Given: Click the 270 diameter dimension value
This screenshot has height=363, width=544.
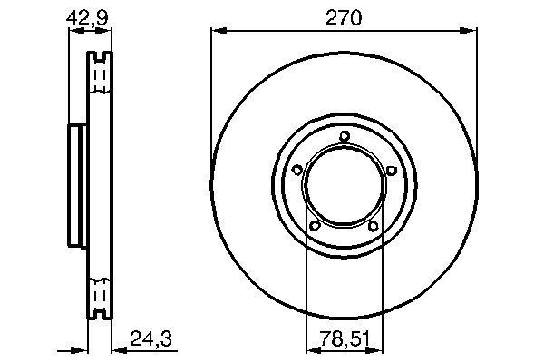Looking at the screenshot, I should tap(344, 16).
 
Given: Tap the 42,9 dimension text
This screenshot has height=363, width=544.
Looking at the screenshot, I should tap(84, 16).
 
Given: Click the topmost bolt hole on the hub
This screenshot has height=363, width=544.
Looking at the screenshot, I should tap(345, 137).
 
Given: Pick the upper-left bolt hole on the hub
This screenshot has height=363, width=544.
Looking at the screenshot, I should tap(297, 170).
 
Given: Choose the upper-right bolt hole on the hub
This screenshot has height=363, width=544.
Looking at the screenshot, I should tap(391, 170).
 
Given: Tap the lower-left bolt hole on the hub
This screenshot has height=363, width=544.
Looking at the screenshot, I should tap(315, 225).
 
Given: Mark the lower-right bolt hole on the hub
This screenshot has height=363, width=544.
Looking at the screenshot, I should tap(373, 225).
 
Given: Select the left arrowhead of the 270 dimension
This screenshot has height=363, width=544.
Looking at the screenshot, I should tap(216, 31).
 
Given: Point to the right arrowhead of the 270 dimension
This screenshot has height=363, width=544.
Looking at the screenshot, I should tap(471, 31).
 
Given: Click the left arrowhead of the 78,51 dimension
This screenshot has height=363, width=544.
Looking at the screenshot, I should tap(310, 348).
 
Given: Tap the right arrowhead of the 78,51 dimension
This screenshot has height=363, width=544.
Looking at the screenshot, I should tap(378, 348).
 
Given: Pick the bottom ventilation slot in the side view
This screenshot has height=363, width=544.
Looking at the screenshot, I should tap(100, 297).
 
